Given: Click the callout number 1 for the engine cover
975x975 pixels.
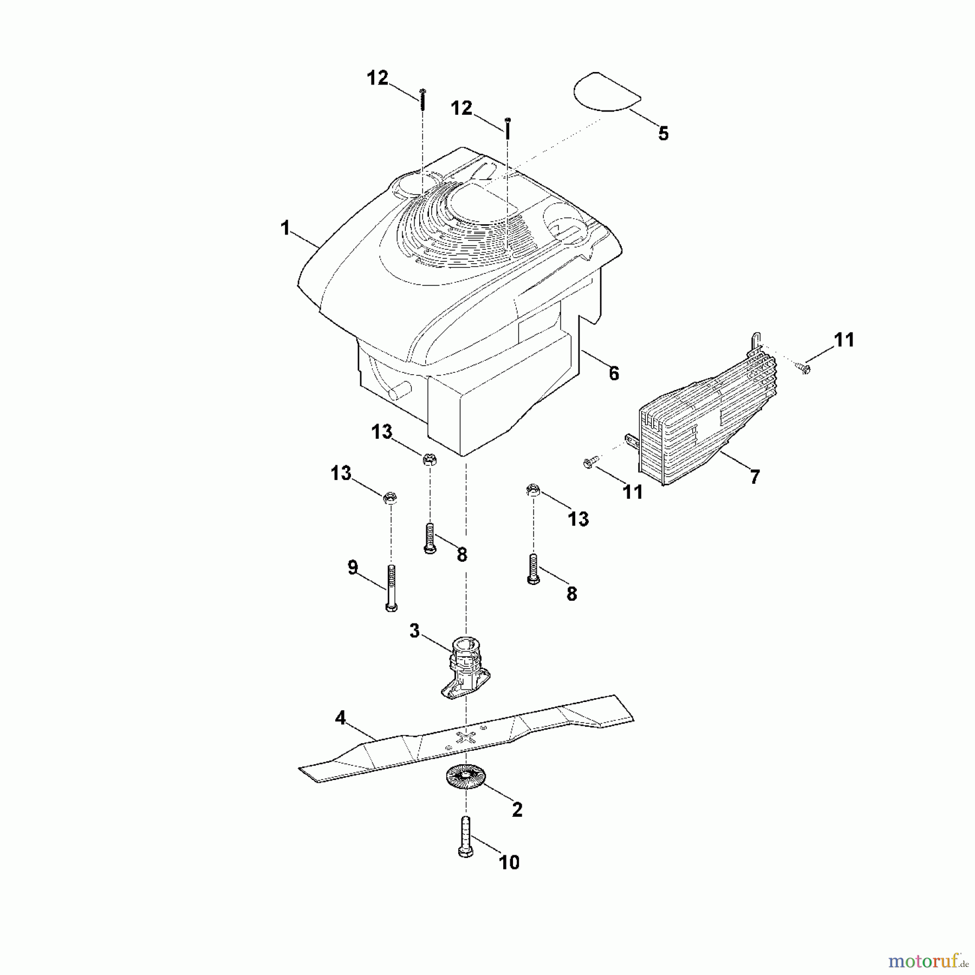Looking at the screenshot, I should [285, 228].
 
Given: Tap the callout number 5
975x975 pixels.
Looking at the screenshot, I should [663, 133].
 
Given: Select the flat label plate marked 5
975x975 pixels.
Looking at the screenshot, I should [606, 93].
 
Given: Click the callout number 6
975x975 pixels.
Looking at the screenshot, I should [614, 373].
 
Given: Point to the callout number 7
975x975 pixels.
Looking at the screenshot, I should [755, 477].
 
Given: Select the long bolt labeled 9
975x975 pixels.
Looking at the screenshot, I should [391, 588].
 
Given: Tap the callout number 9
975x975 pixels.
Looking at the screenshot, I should [353, 568].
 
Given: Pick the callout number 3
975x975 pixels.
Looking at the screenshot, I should [414, 630].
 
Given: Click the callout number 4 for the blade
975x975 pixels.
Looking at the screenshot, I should [340, 718].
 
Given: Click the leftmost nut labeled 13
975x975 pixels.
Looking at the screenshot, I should [389, 497].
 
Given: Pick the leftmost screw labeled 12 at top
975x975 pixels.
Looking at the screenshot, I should [422, 100].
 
